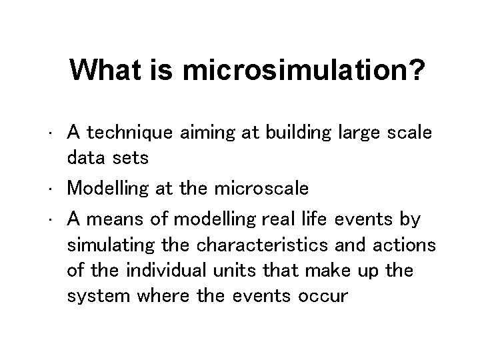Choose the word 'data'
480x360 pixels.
[85, 159]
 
